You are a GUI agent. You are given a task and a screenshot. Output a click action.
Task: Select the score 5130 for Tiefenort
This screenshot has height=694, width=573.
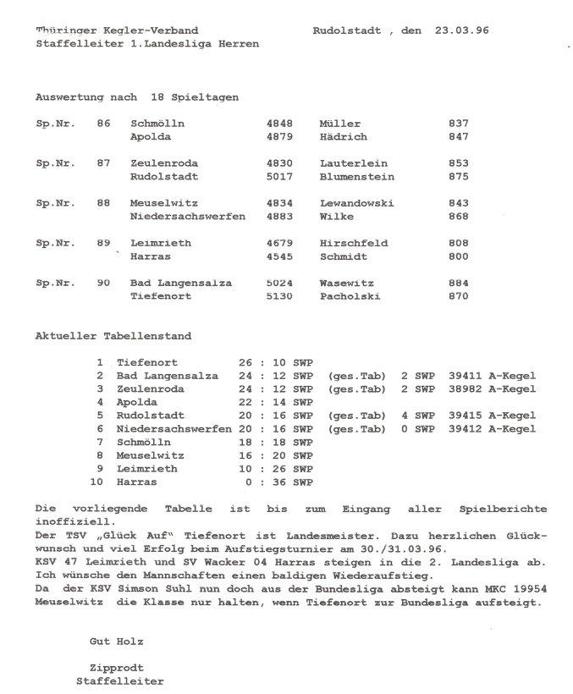click(x=279, y=296)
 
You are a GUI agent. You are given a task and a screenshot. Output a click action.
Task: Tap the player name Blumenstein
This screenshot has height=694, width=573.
click(x=356, y=177)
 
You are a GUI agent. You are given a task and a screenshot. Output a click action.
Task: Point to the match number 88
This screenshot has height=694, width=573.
click(x=103, y=203)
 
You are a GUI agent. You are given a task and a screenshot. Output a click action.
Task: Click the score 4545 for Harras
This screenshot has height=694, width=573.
click(x=279, y=256)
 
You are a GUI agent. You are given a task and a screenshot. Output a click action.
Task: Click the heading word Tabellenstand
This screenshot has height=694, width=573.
click(x=147, y=336)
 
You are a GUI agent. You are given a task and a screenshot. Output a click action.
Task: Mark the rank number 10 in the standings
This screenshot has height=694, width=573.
click(x=96, y=482)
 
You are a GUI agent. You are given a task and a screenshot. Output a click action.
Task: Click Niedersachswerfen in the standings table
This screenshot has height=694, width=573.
click(x=174, y=429)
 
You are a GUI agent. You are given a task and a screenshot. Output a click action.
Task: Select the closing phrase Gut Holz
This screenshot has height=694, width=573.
click(x=116, y=642)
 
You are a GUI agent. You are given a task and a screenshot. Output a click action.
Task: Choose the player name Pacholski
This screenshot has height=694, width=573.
click(x=350, y=296)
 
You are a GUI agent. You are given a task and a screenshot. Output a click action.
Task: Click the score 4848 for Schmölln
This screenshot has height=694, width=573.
click(x=279, y=124)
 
